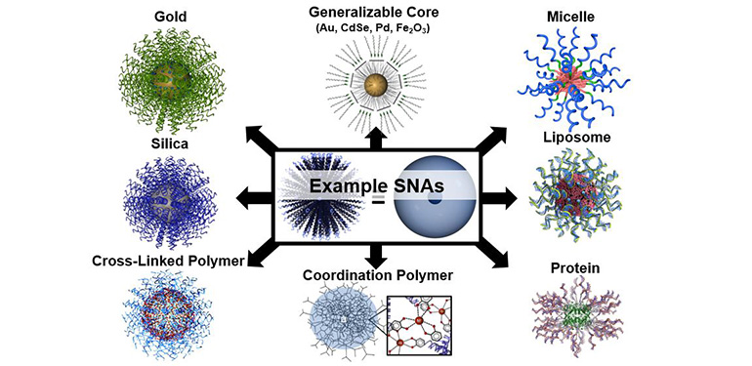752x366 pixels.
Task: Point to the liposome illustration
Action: tap(575, 198)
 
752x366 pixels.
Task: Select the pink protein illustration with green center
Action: tap(576, 317)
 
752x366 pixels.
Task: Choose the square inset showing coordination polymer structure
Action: tap(423, 322)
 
